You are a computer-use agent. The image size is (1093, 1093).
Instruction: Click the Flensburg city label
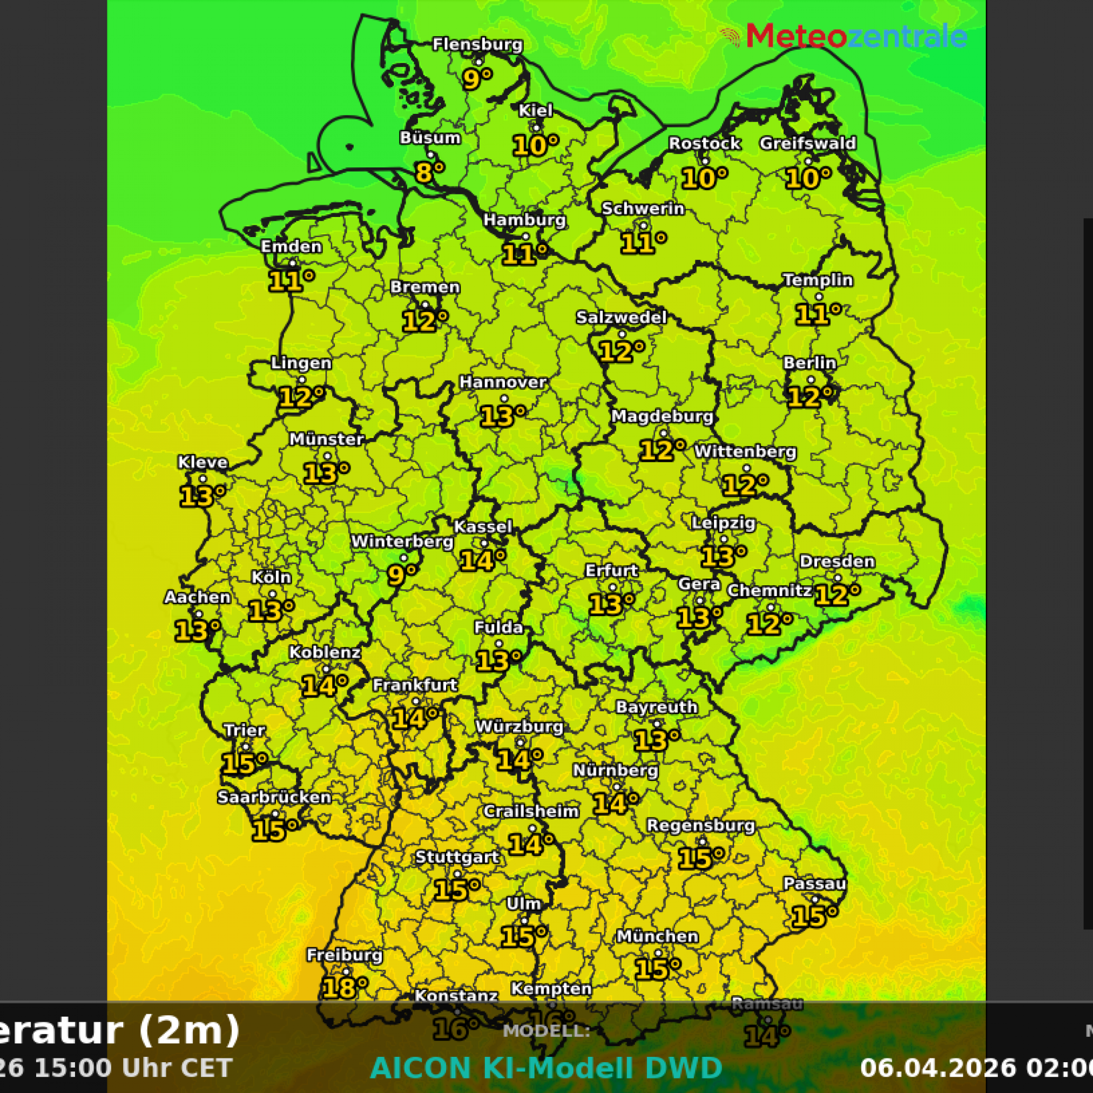[x=477, y=45]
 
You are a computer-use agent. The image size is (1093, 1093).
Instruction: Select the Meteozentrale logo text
[x=856, y=36]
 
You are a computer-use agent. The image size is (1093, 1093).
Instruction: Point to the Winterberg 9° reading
[x=401, y=575]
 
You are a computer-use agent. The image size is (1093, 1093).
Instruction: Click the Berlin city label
[x=809, y=363]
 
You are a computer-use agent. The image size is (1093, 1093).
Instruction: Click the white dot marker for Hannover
[x=504, y=399]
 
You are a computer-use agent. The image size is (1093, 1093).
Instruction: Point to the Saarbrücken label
[x=274, y=797]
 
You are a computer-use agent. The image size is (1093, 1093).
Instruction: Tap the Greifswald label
[x=807, y=143]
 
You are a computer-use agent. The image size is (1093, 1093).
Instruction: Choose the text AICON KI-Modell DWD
[x=546, y=1068]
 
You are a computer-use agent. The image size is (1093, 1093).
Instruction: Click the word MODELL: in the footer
[x=546, y=1031]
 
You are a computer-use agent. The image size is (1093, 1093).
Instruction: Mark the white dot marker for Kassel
[x=484, y=543]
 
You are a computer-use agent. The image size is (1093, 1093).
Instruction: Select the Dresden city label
[x=836, y=561]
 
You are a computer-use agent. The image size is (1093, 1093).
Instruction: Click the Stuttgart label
[x=457, y=857]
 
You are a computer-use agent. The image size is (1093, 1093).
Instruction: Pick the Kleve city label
[x=203, y=462]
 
